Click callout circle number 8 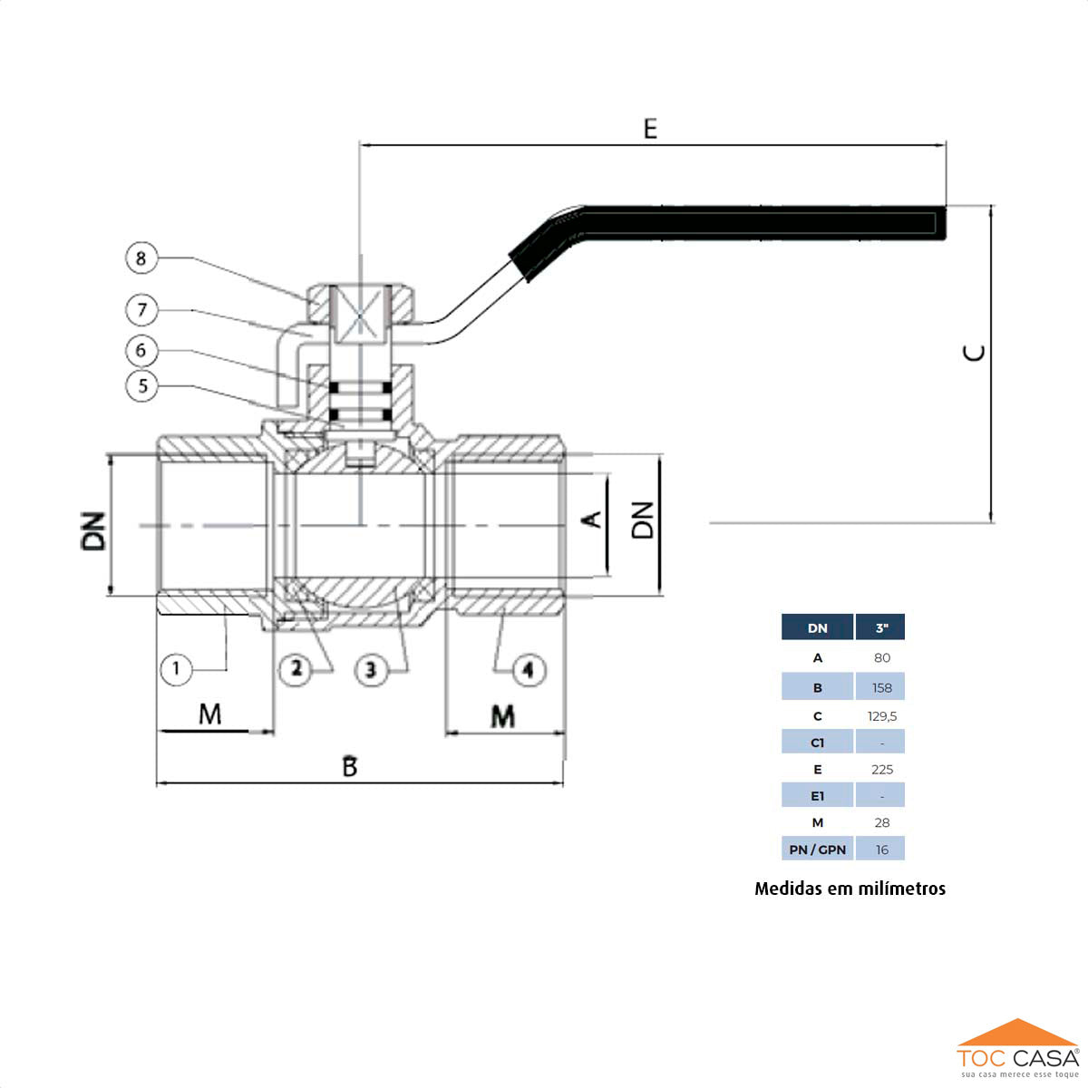141,258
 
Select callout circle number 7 141,310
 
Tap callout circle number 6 141,350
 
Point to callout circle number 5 141,385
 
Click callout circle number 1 176,670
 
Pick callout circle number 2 296,670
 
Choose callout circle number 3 370,670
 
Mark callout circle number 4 529,670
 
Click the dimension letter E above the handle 650,130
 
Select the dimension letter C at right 975,352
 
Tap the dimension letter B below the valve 350,767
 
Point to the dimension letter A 591,520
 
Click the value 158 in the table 881,688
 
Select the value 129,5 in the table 881,716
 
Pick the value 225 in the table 881,770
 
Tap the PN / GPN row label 817,850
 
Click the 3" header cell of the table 880,627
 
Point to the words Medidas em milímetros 850,889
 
